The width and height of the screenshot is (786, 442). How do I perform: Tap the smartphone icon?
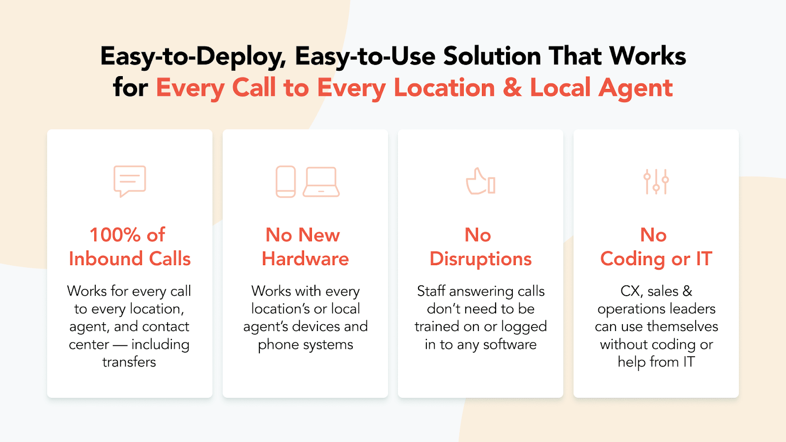tap(285, 182)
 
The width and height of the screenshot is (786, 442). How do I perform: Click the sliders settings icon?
tap(656, 182)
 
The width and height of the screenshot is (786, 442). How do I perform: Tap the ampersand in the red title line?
tap(512, 88)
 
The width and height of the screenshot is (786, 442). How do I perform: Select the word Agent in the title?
tap(636, 88)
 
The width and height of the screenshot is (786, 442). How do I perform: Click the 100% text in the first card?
tap(115, 235)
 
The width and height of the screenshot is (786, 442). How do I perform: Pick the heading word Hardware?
tap(305, 259)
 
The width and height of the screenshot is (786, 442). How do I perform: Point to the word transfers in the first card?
tap(129, 362)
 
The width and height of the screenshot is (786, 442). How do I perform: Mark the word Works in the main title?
tap(647, 56)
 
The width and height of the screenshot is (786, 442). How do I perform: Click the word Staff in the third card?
tap(431, 291)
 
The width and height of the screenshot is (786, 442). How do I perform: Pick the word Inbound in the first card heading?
tap(106, 259)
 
